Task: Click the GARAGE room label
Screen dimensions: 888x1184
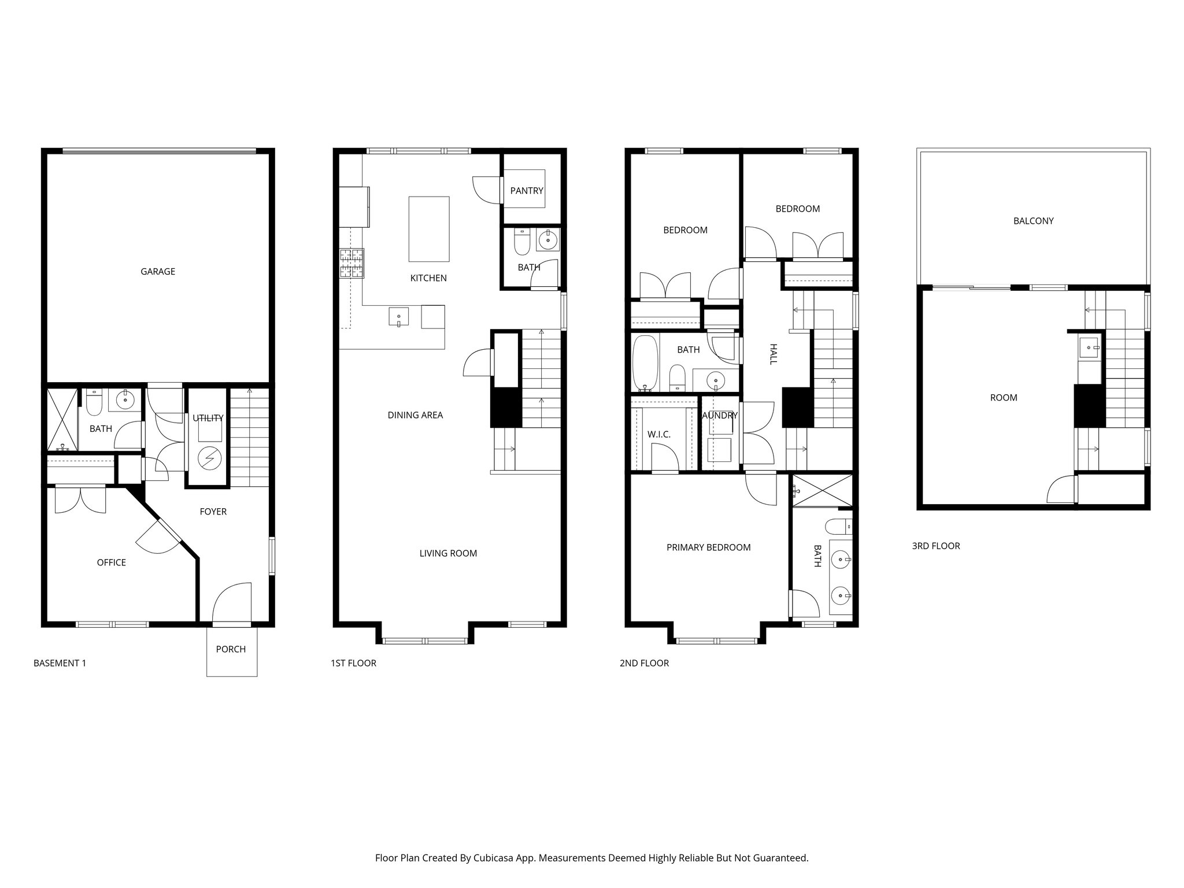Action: point(158,272)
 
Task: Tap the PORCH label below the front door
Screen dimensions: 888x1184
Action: point(231,649)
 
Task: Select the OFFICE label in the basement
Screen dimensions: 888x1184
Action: point(112,563)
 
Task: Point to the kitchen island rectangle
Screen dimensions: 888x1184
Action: point(429,229)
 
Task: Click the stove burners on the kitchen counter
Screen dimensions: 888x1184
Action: point(351,263)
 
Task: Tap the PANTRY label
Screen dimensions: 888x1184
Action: point(527,191)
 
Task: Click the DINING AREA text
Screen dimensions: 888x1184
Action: point(415,415)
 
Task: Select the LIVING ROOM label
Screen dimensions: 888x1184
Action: point(448,553)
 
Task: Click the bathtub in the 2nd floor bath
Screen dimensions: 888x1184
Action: point(645,362)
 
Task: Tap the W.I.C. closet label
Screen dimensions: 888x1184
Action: point(659,434)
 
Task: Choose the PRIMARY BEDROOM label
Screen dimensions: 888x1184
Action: point(708,547)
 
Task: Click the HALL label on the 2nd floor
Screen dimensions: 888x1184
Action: point(773,354)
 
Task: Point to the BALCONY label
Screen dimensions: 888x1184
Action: point(1033,221)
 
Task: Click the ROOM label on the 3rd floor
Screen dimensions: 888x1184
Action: point(1004,398)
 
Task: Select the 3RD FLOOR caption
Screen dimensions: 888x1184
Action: point(935,546)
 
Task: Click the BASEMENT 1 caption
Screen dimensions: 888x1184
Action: point(60,663)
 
